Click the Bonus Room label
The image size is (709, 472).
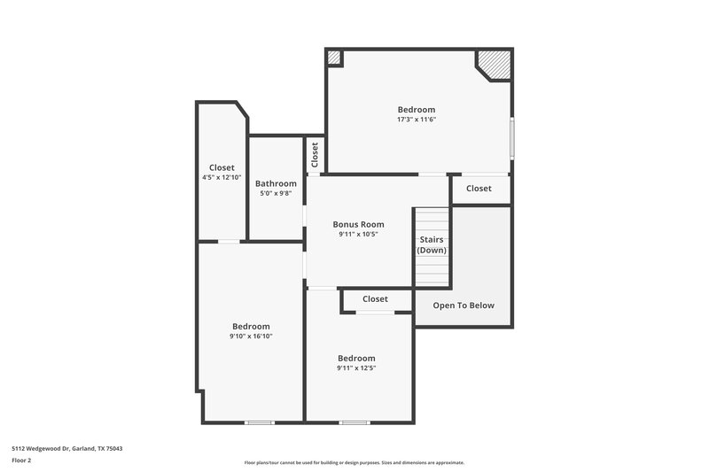coord(358,224)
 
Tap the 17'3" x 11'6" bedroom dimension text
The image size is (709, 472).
coord(417,120)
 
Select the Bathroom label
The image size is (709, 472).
coord(276,183)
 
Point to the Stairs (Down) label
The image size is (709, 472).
coord(432,244)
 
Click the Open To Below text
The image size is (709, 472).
coord(464,306)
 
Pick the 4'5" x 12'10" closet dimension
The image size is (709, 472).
coord(222,177)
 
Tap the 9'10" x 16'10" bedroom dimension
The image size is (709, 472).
coord(251,337)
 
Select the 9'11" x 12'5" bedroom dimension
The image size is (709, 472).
coord(356,368)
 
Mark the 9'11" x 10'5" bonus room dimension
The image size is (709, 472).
coord(358,235)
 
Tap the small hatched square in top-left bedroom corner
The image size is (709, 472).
coord(334,58)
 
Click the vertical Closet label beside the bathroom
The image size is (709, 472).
coord(315,156)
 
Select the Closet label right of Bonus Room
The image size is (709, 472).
coord(479,189)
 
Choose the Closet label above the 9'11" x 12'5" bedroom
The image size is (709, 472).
coord(375,299)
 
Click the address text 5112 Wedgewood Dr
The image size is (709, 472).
coord(66,449)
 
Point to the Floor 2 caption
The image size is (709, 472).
coord(21,460)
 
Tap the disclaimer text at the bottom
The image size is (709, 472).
coord(354,462)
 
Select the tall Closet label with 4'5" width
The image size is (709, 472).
coord(222,167)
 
